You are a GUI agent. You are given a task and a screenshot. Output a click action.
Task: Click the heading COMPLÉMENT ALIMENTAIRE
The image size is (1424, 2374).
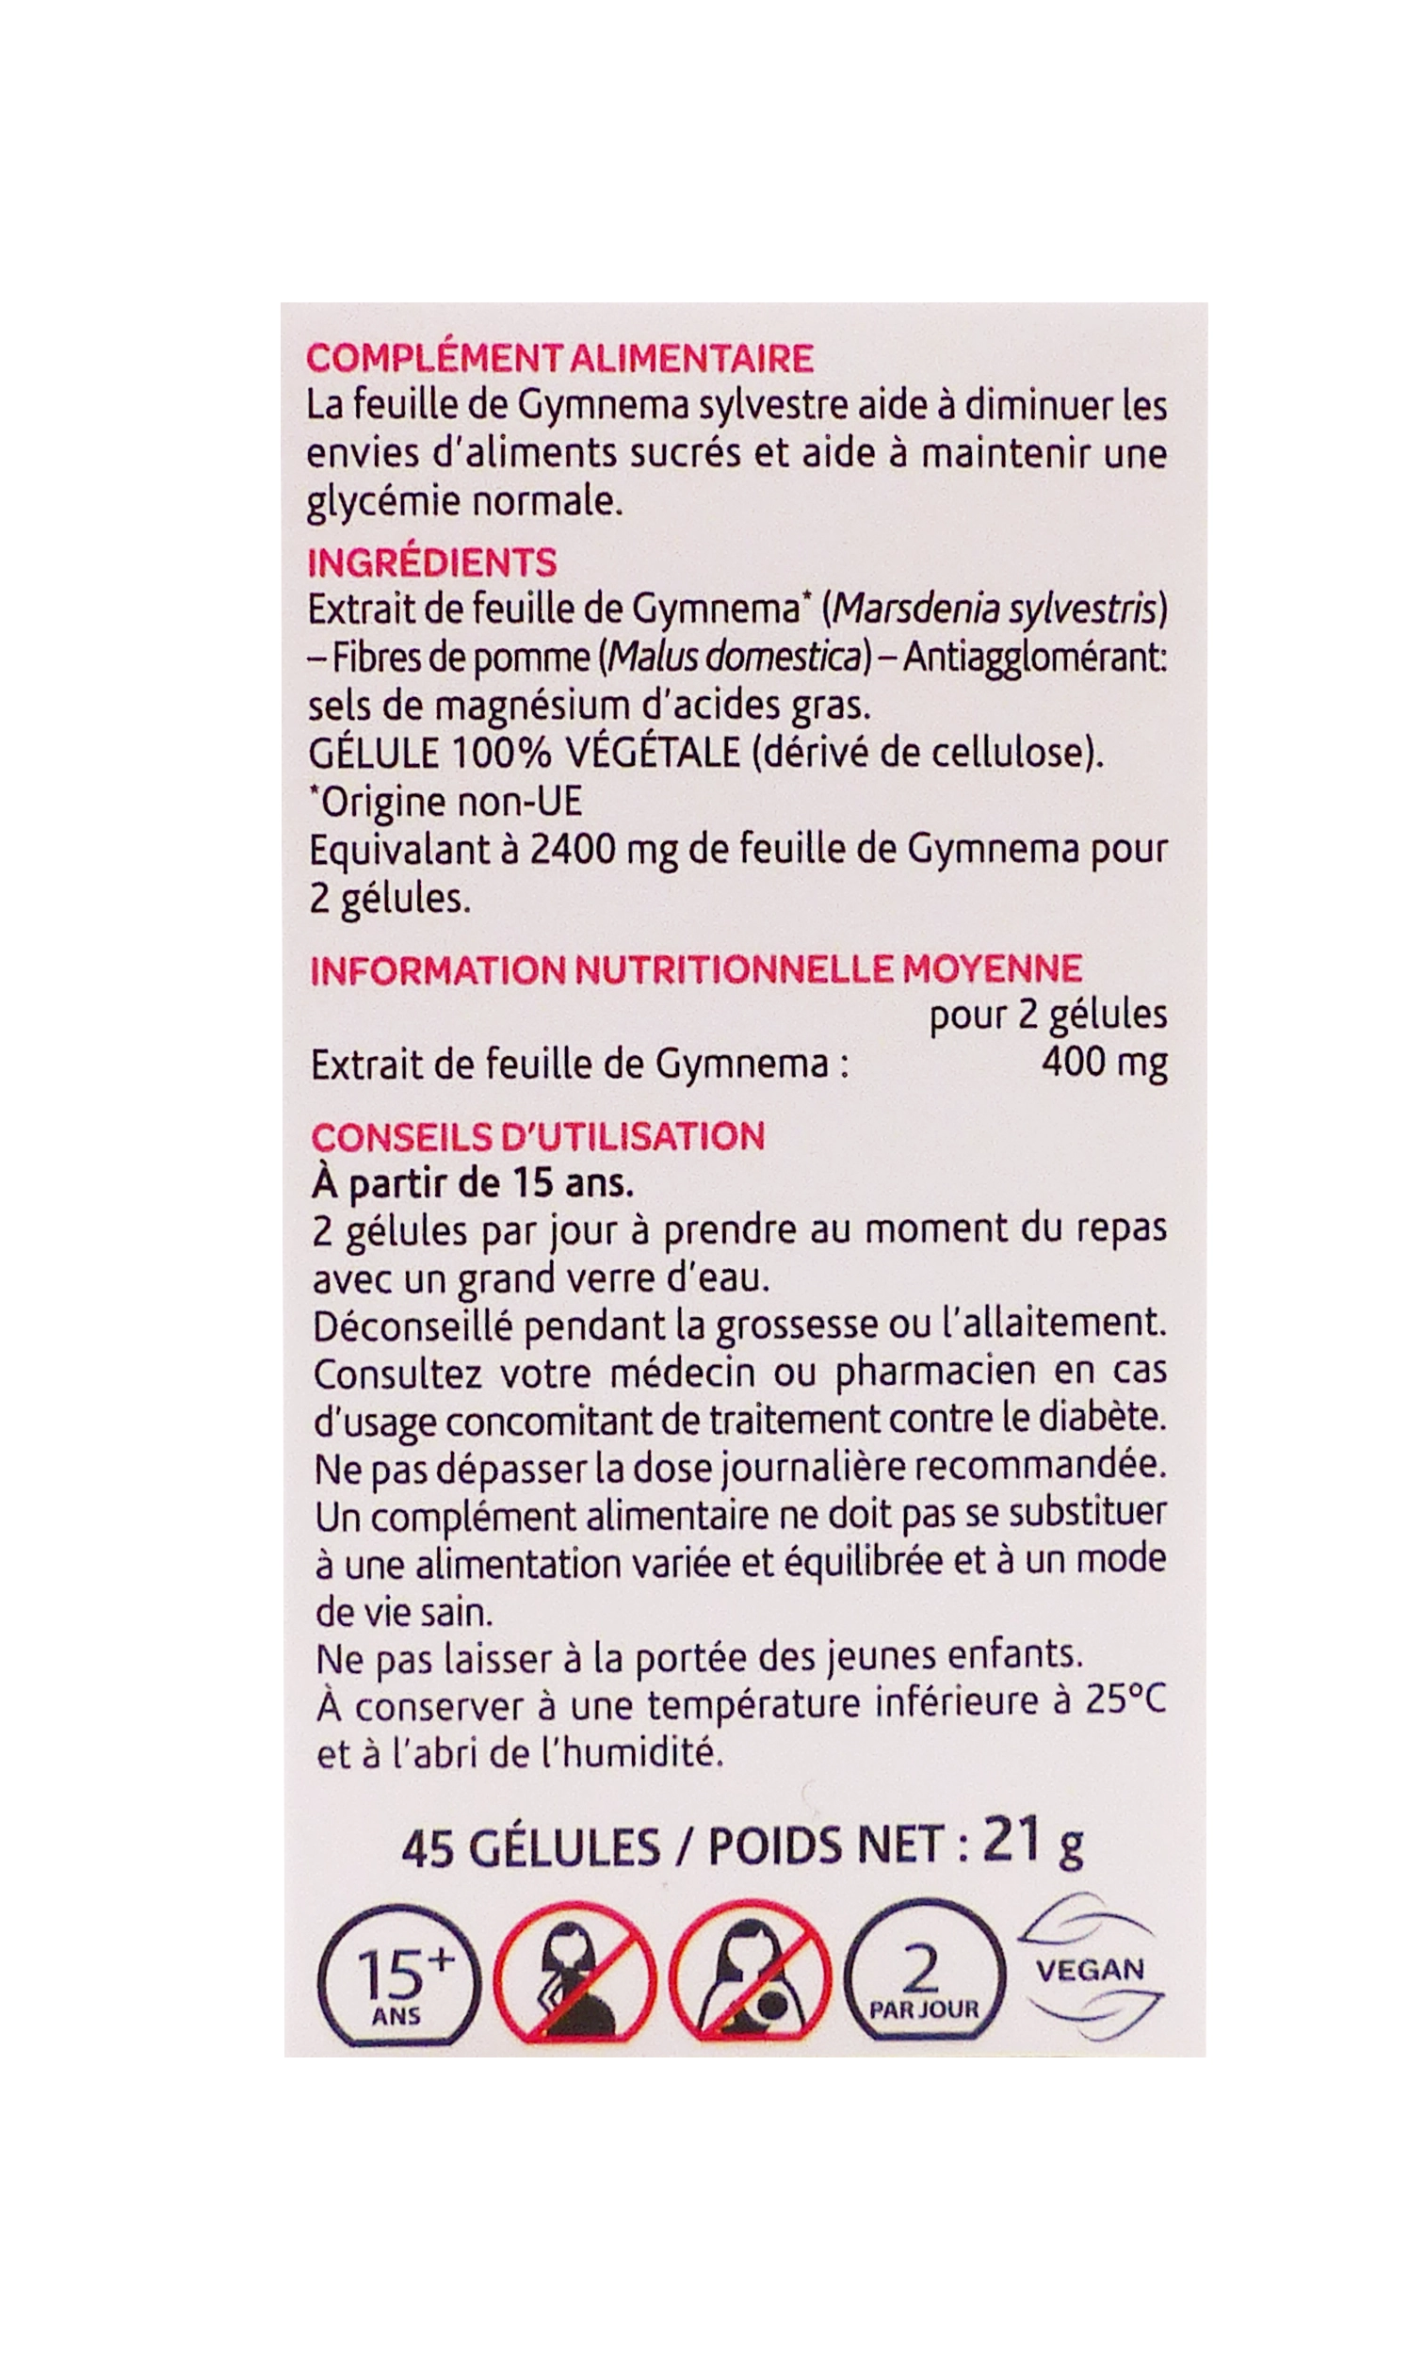pyautogui.click(x=559, y=358)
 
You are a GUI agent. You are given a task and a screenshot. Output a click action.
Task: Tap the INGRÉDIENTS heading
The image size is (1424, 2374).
pyautogui.click(x=431, y=562)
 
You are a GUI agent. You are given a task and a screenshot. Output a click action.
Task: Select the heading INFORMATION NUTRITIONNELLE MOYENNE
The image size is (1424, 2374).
pyautogui.click(x=696, y=969)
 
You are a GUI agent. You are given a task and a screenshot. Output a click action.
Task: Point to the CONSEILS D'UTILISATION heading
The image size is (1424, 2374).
pyautogui.click(x=538, y=1136)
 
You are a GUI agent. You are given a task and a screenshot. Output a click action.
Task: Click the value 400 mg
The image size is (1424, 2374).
pyautogui.click(x=1104, y=1063)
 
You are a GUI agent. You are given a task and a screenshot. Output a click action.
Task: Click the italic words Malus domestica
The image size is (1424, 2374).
pyautogui.click(x=734, y=658)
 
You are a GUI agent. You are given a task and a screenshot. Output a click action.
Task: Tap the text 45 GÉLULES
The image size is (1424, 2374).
pyautogui.click(x=531, y=1846)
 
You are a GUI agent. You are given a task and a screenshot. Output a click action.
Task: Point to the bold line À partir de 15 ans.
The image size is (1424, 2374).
pyautogui.click(x=472, y=1183)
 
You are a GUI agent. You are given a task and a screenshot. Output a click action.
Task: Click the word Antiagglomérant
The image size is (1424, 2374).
pyautogui.click(x=1034, y=658)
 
